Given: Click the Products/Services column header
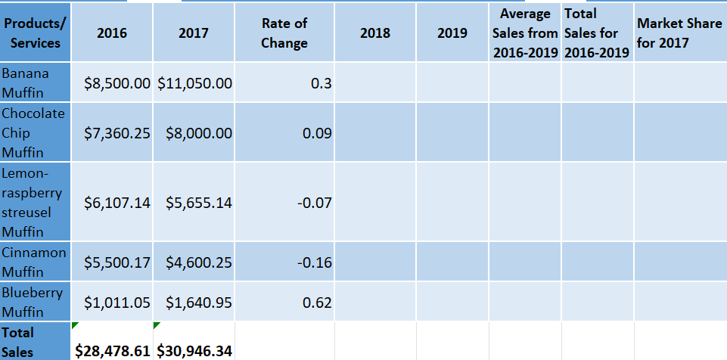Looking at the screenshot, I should coord(36,33).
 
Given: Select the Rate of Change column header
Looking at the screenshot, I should coord(284,33).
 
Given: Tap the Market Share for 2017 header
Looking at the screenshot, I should coord(679,33).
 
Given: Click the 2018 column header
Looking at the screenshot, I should coord(375,33).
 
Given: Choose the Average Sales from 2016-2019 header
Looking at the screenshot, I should coord(525,33).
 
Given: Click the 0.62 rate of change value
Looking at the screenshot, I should coord(316,303).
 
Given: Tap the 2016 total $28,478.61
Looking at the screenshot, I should coord(113,351).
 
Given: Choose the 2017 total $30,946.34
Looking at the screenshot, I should coord(194,351).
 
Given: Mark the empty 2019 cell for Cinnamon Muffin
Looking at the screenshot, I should coord(452,262).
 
